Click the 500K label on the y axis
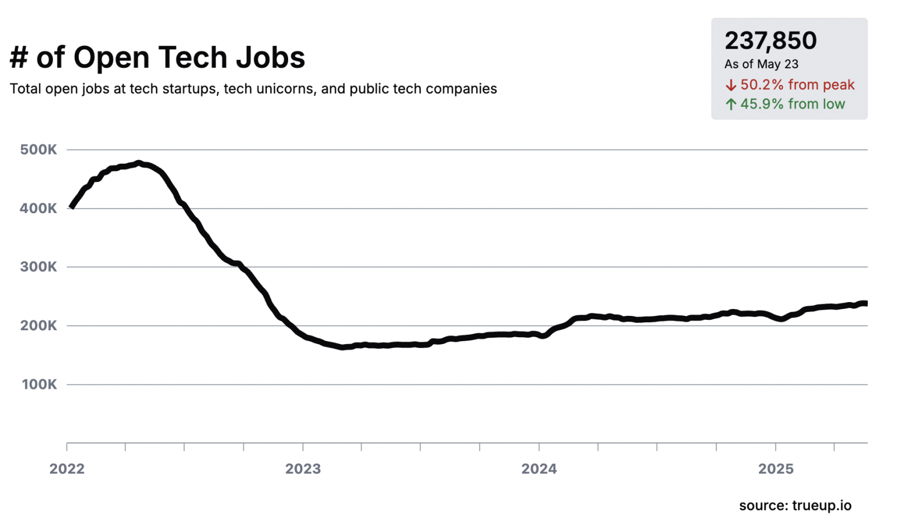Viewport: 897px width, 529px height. tap(39, 150)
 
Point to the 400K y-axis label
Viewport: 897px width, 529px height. tap(39, 208)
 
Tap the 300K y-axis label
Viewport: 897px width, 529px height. tap(39, 267)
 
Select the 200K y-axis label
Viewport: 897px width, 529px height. tap(39, 326)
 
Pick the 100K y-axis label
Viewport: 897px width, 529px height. tap(39, 385)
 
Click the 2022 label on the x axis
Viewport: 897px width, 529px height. tap(67, 469)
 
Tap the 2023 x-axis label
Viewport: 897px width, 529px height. tap(303, 469)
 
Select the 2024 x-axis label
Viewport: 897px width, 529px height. tap(539, 469)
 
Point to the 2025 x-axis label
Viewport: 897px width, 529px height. tap(776, 469)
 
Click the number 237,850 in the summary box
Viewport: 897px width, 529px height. tap(770, 41)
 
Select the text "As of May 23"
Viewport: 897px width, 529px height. tap(761, 64)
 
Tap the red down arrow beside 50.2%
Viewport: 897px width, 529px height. tap(731, 85)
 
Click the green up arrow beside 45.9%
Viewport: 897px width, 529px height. tap(731, 104)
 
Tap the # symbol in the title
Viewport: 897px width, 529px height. tap(19, 57)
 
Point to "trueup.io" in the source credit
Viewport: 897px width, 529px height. tap(822, 506)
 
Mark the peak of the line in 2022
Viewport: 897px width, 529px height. tap(139, 163)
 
